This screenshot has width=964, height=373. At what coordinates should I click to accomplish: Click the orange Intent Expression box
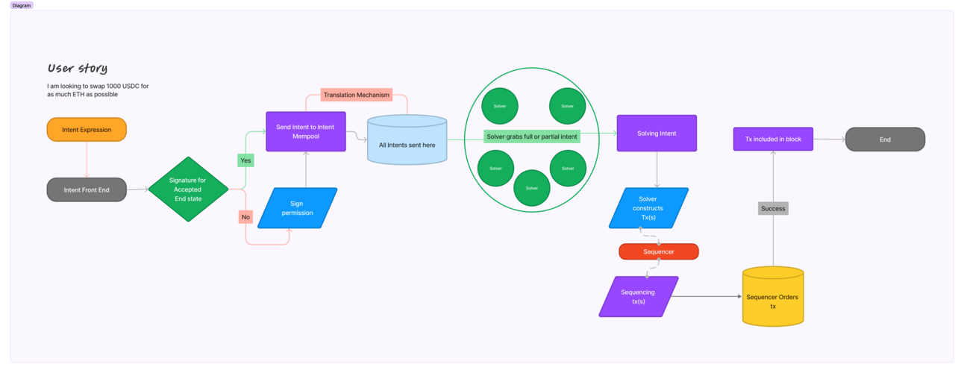87,130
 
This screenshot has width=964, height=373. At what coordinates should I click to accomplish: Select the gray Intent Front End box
87,190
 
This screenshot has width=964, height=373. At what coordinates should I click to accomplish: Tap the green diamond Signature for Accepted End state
188,189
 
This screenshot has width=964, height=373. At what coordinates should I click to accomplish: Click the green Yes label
245,160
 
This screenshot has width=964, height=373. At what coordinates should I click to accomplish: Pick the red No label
245,217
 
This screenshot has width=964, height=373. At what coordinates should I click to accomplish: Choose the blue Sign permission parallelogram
297,208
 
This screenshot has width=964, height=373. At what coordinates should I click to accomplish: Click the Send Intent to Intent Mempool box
305,131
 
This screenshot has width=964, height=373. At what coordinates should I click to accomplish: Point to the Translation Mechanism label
357,95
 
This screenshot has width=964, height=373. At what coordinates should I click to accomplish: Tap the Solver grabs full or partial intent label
532,137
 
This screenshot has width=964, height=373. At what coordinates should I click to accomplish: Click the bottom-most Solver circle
532,188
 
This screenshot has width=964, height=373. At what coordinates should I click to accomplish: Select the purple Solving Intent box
657,134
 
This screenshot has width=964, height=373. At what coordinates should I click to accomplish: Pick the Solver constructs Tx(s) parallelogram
648,208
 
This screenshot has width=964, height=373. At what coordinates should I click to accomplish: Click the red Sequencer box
658,251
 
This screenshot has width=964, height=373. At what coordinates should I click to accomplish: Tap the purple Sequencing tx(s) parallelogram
638,297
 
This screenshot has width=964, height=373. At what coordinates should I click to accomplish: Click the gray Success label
773,208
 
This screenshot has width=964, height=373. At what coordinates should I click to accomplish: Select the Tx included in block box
773,140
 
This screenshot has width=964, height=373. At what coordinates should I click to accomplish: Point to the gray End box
885,140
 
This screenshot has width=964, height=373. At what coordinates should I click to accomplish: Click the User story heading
78,69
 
